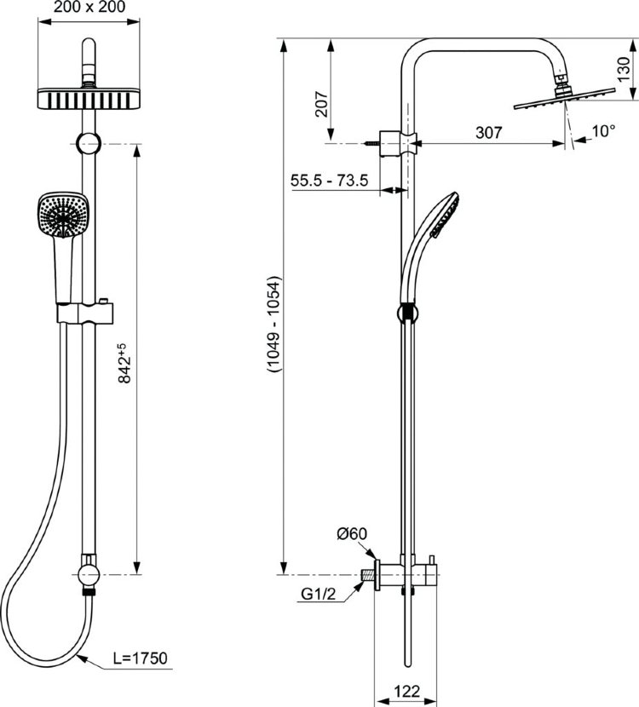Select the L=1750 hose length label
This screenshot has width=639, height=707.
coord(140,657)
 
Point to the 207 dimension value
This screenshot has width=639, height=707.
coord(320,104)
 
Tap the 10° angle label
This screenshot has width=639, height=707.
coord(603,131)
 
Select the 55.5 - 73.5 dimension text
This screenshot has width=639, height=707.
coord(328,180)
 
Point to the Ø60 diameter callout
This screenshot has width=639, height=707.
coord(351,534)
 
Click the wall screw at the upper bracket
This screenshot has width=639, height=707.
coord(371,145)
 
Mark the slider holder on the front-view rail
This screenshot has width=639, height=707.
coord(85,313)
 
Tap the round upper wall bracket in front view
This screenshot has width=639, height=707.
coord(89,144)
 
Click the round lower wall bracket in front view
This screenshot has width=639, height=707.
coord(89,568)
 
